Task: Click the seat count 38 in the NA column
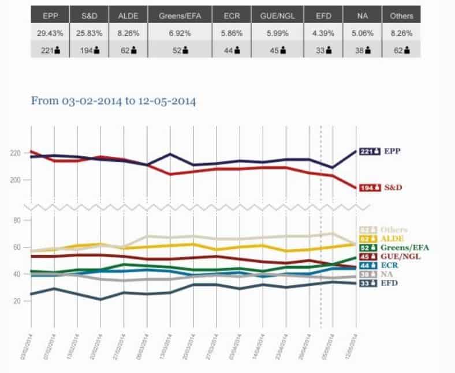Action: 363,50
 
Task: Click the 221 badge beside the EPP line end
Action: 368,152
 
